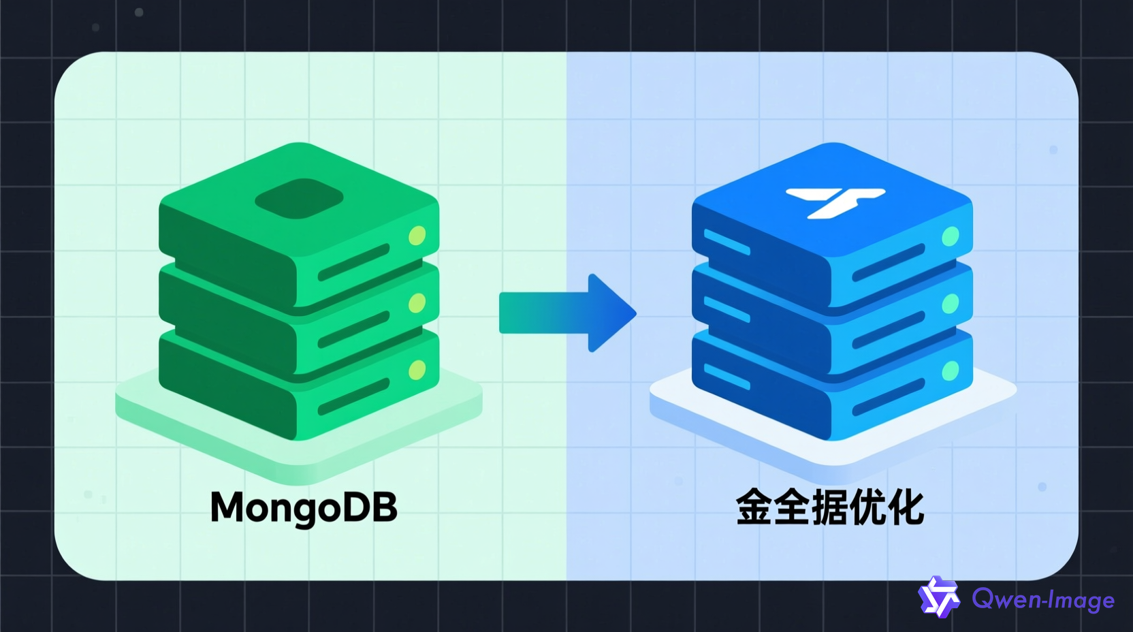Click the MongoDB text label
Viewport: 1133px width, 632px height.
(x=304, y=507)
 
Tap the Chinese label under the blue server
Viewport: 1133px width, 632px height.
(x=829, y=507)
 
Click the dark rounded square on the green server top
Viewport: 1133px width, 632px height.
(x=299, y=199)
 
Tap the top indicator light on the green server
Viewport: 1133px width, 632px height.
(x=417, y=236)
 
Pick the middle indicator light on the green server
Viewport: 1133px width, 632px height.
(x=417, y=303)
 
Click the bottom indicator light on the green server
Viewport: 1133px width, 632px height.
(x=417, y=370)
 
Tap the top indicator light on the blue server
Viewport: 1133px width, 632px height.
(x=950, y=236)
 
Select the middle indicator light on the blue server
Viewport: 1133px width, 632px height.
(x=950, y=304)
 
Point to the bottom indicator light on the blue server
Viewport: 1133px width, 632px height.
(x=950, y=371)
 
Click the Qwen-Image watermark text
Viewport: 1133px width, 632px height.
(x=1043, y=600)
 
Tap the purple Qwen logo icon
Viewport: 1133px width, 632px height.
(x=938, y=597)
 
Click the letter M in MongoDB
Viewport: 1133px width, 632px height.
(x=227, y=507)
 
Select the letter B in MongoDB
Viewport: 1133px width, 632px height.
(x=385, y=507)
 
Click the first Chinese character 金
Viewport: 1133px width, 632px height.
(x=754, y=507)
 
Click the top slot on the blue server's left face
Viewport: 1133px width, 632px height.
(x=727, y=242)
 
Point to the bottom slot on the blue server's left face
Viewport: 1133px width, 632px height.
(x=727, y=377)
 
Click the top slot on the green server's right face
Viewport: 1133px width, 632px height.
(x=353, y=262)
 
